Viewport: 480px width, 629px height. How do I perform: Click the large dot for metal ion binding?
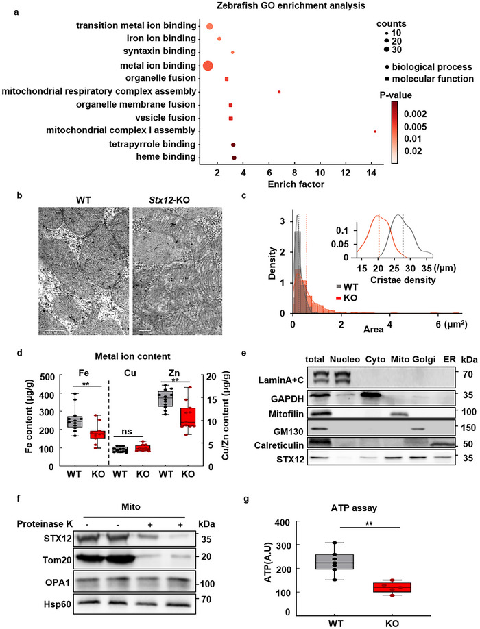click(208, 66)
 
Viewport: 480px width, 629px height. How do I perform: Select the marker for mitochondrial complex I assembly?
click(375, 131)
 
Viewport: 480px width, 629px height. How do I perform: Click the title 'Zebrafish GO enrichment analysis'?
click(248, 6)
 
